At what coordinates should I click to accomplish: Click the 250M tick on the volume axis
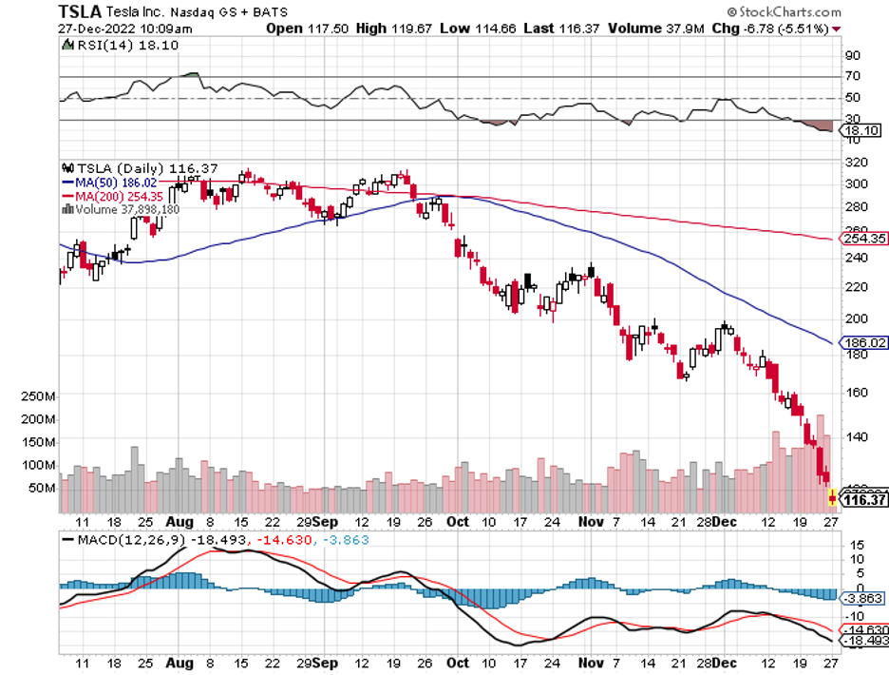tap(38, 395)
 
